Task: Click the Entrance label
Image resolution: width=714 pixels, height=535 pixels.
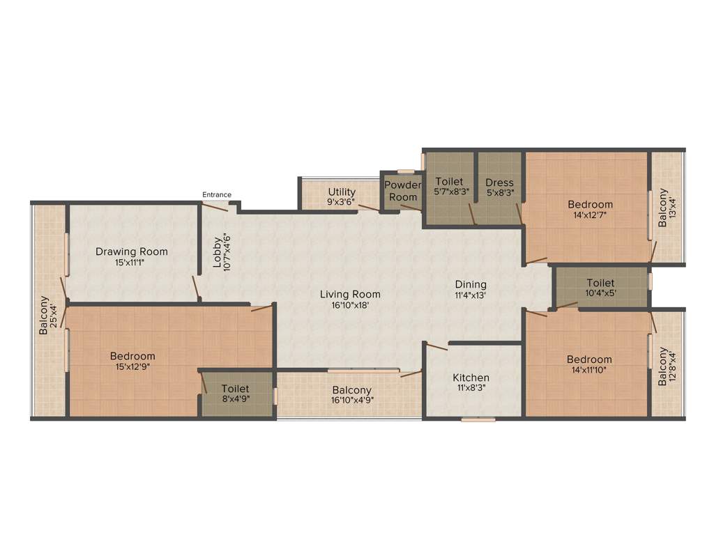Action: coord(216,194)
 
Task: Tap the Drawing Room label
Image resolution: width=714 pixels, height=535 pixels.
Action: coord(132,251)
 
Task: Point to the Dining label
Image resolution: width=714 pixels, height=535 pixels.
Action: coord(471,284)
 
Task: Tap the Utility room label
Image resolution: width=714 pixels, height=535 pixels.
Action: coord(342,192)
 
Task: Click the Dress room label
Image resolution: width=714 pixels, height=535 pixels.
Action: coord(499,183)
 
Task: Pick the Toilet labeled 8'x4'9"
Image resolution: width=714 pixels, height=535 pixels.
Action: coord(235,389)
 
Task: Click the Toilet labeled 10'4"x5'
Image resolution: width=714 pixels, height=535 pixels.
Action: coord(600,283)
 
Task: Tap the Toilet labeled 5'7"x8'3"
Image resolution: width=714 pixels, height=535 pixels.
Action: coord(448,182)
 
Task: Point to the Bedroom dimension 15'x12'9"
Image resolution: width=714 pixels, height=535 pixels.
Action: coord(132,366)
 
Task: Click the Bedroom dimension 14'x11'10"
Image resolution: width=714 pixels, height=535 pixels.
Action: coord(589,370)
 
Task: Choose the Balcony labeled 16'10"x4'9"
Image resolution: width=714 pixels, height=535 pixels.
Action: coord(351,390)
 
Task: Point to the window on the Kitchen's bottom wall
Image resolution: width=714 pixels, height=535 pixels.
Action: coord(478,419)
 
